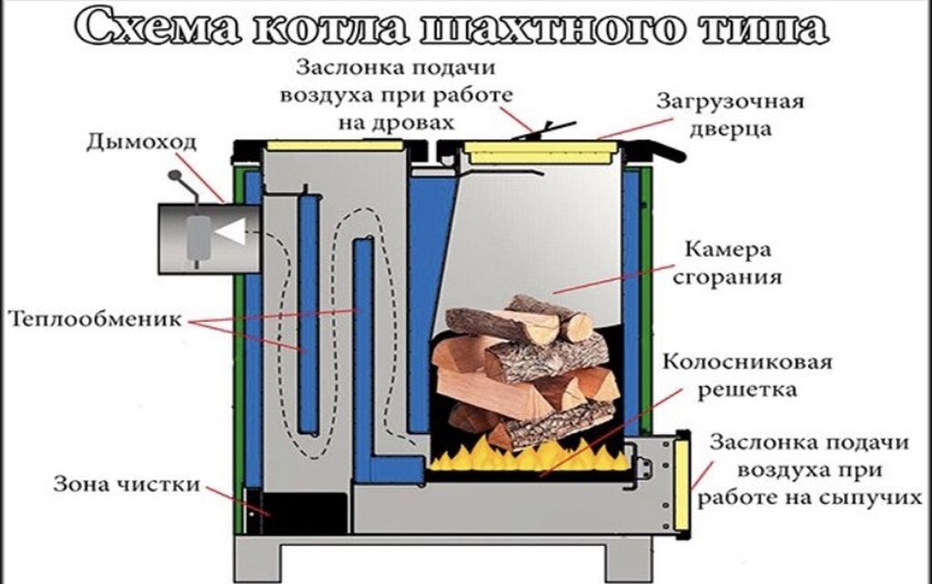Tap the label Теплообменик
96,320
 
